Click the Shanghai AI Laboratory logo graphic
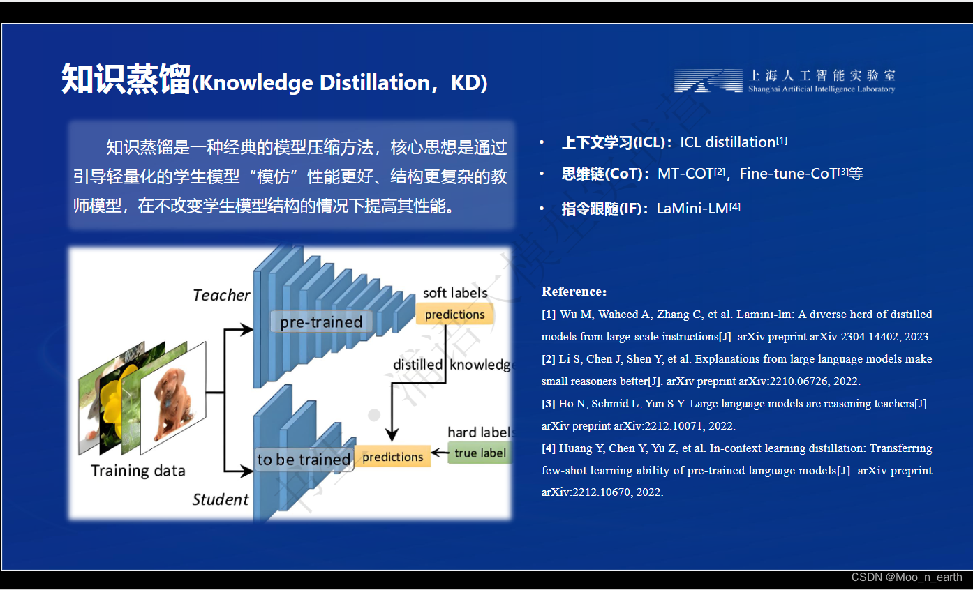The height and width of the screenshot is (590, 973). tap(708, 81)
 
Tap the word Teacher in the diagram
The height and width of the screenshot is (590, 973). tap(221, 296)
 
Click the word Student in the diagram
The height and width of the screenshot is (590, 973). tap(220, 499)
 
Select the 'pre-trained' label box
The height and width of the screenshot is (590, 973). tap(321, 322)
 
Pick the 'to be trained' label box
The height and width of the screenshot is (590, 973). tap(304, 460)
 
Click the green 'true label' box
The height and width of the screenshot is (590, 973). tap(480, 453)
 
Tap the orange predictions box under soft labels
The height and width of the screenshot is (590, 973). tap(454, 315)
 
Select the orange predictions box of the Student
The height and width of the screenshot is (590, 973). tap(392, 457)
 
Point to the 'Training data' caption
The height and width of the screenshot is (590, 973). tap(138, 471)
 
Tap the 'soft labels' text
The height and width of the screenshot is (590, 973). tap(455, 293)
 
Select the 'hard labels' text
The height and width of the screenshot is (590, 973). tap(480, 432)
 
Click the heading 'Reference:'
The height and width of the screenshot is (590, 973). tap(574, 292)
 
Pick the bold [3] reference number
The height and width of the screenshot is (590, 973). tap(549, 404)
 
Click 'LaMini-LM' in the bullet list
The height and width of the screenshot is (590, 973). tap(692, 209)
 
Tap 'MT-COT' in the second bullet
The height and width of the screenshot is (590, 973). tap(685, 174)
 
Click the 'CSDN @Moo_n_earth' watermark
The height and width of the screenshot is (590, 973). tap(907, 577)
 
